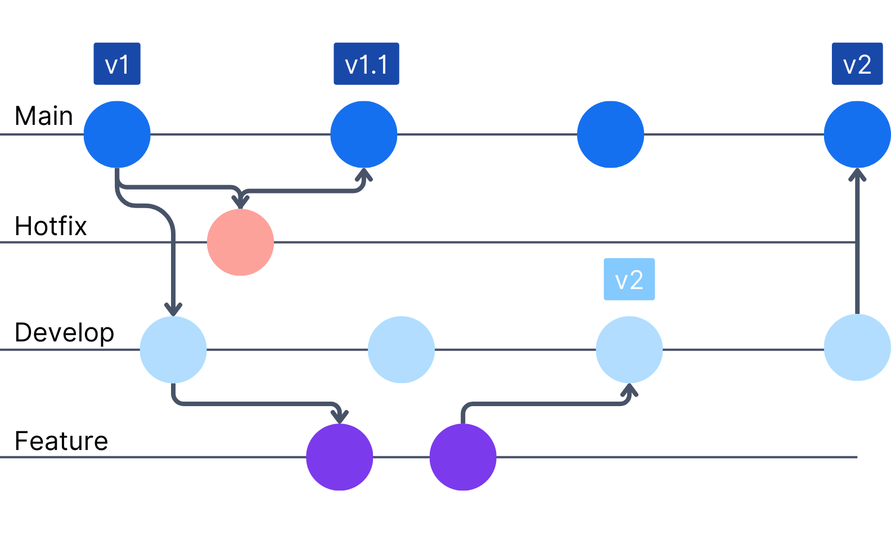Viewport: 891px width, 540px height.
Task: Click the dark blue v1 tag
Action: tap(117, 64)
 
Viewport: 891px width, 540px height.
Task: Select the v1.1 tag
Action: tap(366, 64)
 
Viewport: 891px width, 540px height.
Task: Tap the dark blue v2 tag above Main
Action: tap(857, 64)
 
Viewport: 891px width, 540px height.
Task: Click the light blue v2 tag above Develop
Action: tap(629, 280)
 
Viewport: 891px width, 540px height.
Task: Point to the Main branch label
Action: tap(44, 116)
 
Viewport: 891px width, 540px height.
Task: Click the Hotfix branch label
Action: tap(51, 226)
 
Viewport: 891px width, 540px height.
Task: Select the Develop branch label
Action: tap(64, 333)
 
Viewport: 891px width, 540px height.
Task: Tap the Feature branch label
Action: tap(61, 441)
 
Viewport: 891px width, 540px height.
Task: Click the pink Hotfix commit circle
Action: tap(240, 242)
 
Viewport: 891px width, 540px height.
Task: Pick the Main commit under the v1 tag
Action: tap(117, 134)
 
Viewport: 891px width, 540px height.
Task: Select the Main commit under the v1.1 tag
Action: tap(364, 134)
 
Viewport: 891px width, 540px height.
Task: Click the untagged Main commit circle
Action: tap(610, 134)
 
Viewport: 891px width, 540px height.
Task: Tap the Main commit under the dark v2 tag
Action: tap(857, 134)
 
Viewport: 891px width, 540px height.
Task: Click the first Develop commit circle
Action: tap(173, 349)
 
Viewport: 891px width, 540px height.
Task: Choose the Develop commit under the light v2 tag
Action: tap(629, 349)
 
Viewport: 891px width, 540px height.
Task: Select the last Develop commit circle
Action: tap(857, 348)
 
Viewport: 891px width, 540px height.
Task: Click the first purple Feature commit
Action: tap(339, 457)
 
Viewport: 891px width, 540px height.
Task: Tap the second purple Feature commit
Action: tap(463, 457)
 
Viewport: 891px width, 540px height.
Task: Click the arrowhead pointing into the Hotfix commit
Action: tap(241, 200)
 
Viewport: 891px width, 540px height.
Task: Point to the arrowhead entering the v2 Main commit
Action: tap(857, 174)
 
